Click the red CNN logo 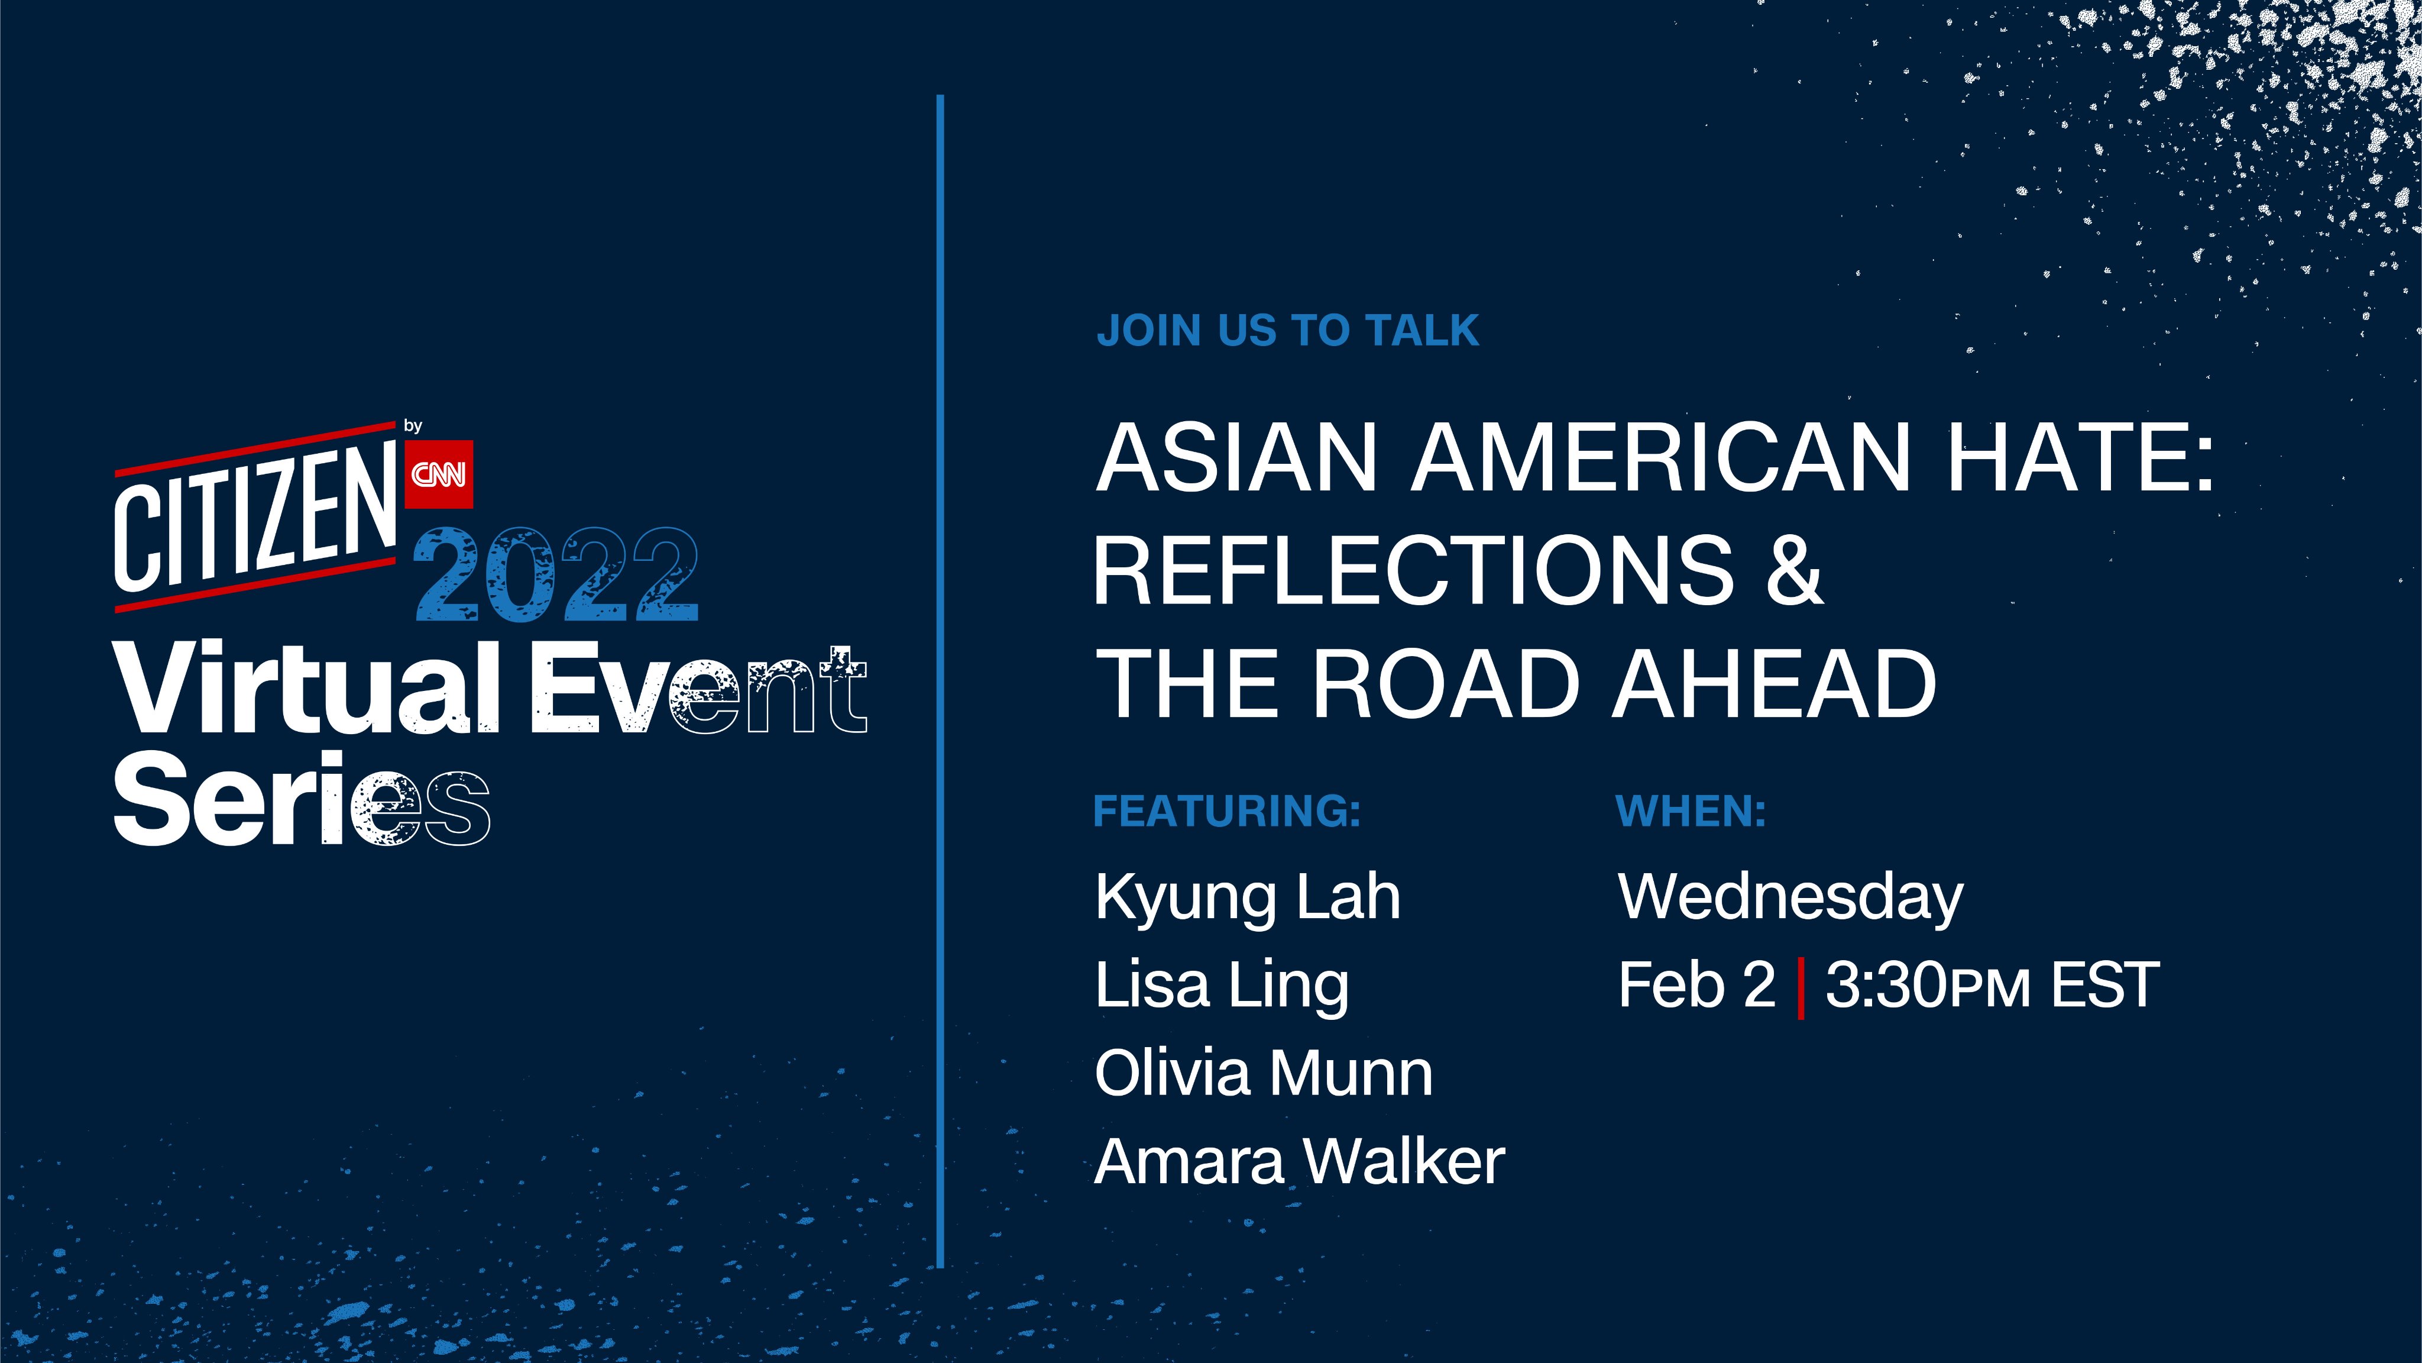[x=439, y=474]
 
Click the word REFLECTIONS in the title [x=1413, y=570]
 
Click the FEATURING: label [x=1227, y=811]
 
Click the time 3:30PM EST [x=1992, y=985]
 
